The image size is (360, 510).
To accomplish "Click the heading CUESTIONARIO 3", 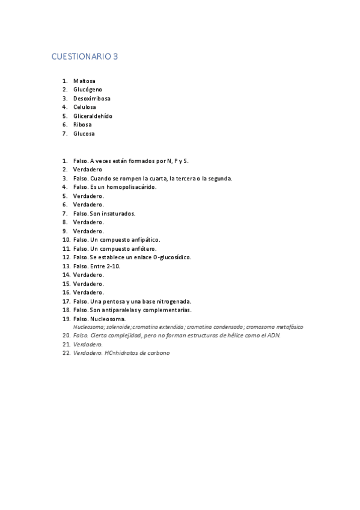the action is [x=85, y=57].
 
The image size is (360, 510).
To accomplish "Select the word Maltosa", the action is [x=84, y=81].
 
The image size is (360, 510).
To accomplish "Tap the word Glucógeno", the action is [x=88, y=90].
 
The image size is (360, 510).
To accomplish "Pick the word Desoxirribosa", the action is [x=92, y=98].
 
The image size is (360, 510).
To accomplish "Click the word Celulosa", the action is [x=85, y=107].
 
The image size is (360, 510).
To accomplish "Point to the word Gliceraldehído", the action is [x=93, y=116].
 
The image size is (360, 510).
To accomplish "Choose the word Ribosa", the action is [x=82, y=124].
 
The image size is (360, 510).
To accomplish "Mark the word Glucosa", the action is [x=84, y=134].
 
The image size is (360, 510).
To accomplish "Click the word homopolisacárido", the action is [x=131, y=187].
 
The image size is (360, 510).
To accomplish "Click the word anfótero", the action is [x=139, y=248].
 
